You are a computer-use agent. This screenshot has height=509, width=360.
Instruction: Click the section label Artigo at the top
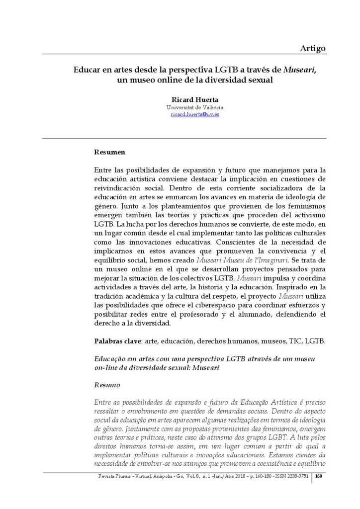pyautogui.click(x=313, y=48)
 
